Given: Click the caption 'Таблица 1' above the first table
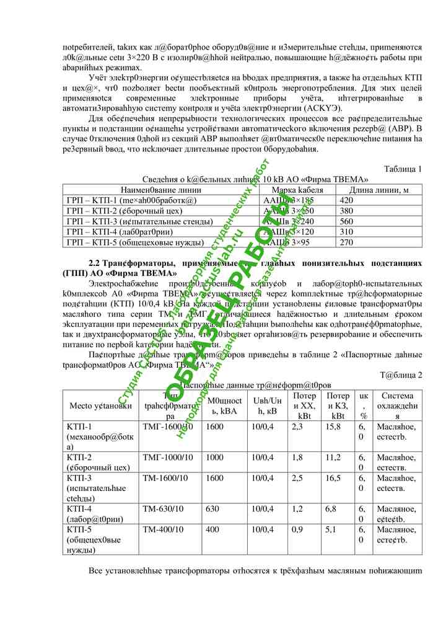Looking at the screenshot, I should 403,169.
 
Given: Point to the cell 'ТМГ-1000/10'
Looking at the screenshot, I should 167,457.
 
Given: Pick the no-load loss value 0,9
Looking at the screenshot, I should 297,529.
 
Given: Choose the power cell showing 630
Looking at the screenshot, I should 212,508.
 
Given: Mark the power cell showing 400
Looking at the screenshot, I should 212,529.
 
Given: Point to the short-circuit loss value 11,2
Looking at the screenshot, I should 333,457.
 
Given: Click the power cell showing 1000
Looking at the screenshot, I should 214,457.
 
